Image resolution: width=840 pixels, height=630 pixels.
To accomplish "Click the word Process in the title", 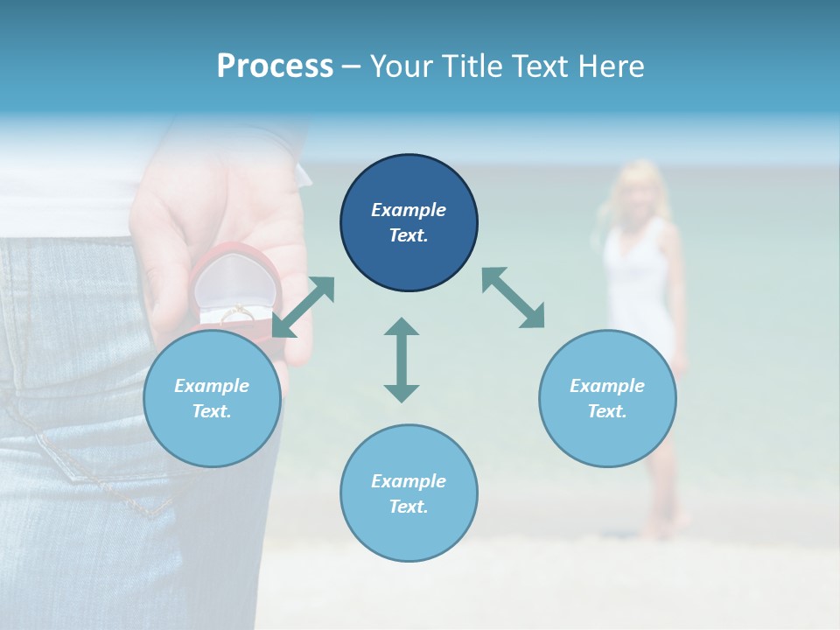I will coord(275,66).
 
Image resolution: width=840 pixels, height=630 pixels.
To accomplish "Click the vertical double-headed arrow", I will coord(402,360).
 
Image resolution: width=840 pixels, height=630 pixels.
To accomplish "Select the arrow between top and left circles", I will coord(304,307).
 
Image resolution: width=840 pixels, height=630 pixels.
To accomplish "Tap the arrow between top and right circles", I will coord(514,297).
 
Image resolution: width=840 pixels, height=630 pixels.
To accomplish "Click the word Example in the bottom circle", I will coord(409,481).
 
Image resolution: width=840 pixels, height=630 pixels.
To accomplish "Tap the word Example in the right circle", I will coord(607,386).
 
